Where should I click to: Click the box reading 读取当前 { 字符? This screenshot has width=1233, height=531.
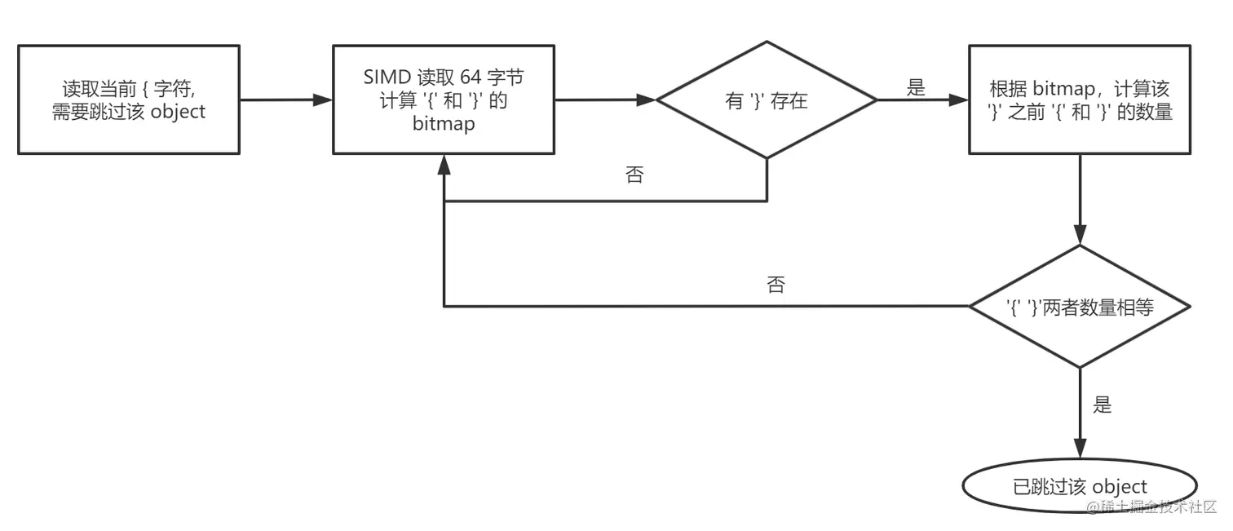point(129,100)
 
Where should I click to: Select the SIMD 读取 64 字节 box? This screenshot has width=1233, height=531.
point(444,100)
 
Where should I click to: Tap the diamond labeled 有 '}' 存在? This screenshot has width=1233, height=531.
point(767,100)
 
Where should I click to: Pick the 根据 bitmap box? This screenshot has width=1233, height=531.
point(1081,100)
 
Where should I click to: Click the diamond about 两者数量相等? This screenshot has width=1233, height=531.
point(1080,307)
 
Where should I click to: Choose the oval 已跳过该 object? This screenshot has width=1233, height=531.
point(1080,487)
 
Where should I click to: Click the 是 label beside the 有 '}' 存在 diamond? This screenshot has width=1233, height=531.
point(917,88)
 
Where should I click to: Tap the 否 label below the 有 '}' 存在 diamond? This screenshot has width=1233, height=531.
point(634,175)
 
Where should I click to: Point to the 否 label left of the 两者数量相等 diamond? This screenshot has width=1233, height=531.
point(776,285)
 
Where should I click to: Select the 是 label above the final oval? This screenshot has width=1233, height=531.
point(1103,405)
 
